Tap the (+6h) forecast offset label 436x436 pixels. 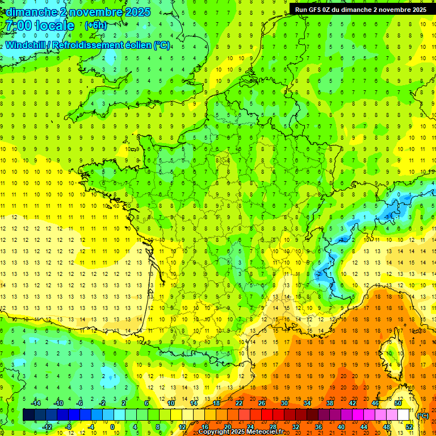click(x=95, y=26)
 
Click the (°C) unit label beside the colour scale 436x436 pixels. click(x=422, y=416)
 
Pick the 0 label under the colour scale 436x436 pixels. click(x=112, y=426)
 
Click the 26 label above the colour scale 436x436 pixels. click(x=262, y=403)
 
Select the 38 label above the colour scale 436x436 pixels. click(x=330, y=403)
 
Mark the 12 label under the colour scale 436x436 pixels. click(x=182, y=426)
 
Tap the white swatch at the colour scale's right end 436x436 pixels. click(x=404, y=415)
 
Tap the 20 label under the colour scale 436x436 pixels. click(x=227, y=426)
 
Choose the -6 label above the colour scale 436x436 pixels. click(x=81, y=403)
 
